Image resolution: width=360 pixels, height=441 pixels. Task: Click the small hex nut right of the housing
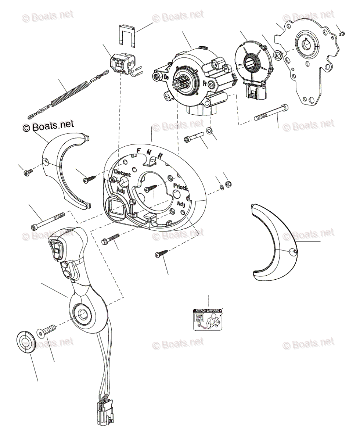pos(227,183)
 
